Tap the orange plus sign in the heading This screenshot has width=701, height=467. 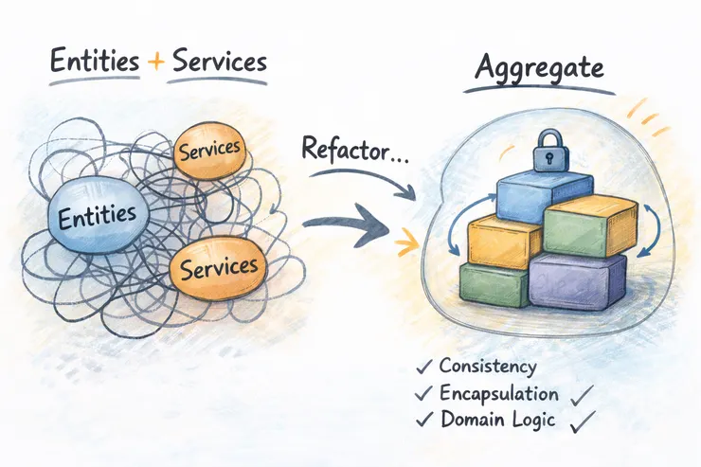click(155, 63)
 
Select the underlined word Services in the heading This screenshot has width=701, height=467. click(217, 63)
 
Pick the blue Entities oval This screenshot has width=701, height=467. click(98, 217)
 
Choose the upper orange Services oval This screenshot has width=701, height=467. click(208, 150)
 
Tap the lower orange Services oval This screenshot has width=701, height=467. click(219, 268)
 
